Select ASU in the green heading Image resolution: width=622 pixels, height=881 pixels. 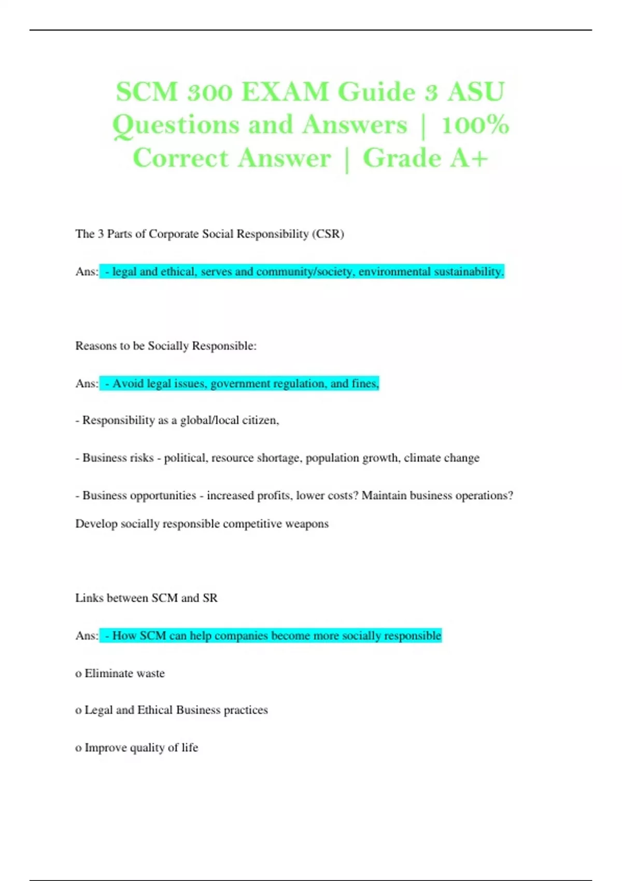click(x=476, y=92)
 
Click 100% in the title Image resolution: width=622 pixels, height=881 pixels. click(x=475, y=125)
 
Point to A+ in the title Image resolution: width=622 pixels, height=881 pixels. click(x=469, y=159)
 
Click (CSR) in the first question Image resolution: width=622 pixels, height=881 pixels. click(x=328, y=234)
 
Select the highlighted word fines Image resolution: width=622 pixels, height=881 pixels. click(x=365, y=383)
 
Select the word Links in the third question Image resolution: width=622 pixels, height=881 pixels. click(x=89, y=598)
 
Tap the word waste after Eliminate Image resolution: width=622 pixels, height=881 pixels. click(x=150, y=673)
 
